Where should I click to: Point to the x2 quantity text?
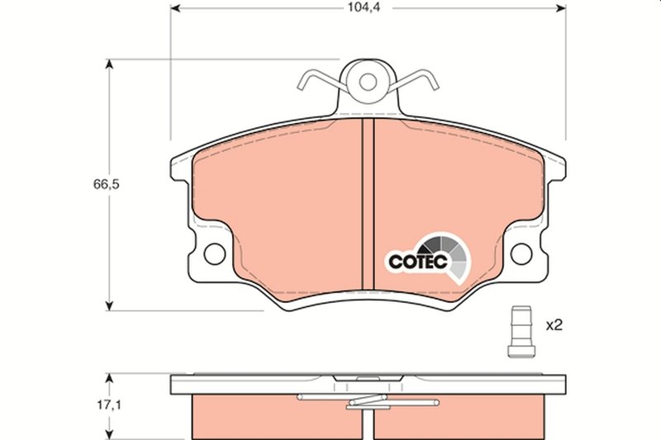click(554, 325)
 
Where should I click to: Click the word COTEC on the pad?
click(418, 262)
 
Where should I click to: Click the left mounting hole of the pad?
click(213, 253)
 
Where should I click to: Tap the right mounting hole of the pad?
click(521, 253)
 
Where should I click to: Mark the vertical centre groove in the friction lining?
click(368, 206)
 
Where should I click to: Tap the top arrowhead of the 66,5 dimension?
click(107, 64)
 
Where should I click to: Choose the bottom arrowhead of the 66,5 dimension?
click(107, 305)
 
